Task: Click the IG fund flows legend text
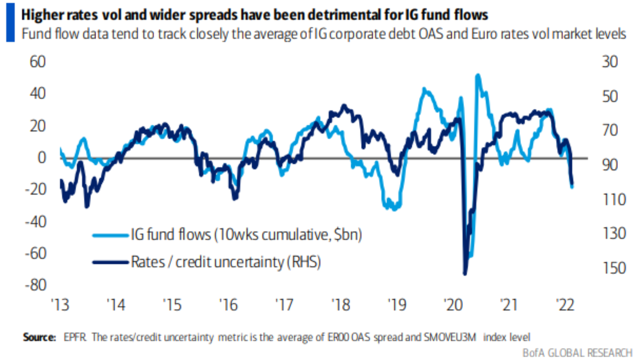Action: [x=245, y=234]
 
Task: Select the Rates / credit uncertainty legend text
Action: [x=225, y=261]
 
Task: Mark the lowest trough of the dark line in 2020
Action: [x=465, y=274]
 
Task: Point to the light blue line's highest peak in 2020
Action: [x=478, y=75]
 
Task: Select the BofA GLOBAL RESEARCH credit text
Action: [x=577, y=353]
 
